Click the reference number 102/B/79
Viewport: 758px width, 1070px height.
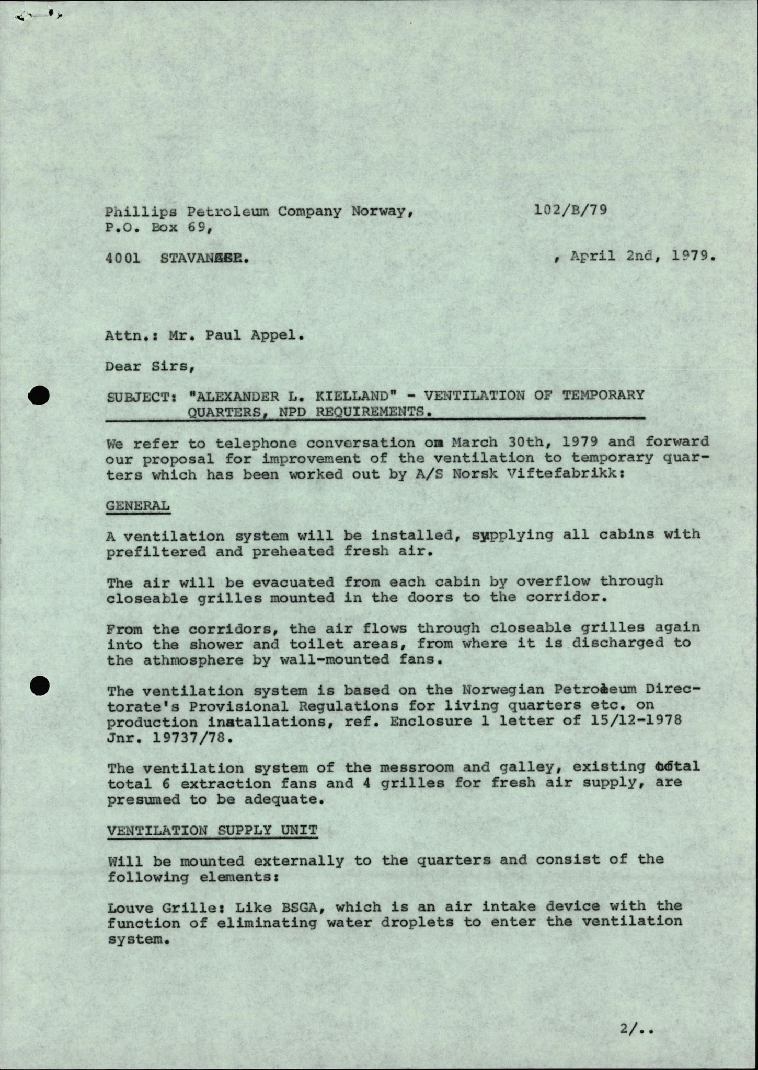tap(571, 210)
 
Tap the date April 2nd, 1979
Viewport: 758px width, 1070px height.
tap(642, 257)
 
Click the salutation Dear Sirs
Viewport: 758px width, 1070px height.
tap(150, 366)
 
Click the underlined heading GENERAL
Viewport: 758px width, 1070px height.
tap(138, 506)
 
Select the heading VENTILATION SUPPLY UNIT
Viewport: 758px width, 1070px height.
tap(212, 830)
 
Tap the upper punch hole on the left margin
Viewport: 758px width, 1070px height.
tap(39, 396)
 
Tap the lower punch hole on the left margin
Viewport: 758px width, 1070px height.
tap(39, 685)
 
